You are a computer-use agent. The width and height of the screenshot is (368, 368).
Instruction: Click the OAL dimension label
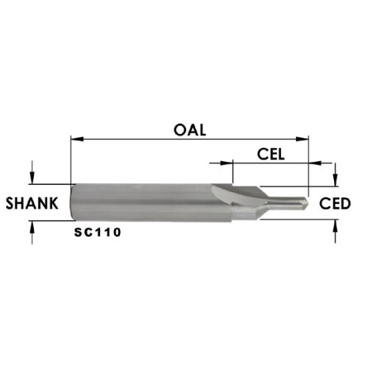pos(190,130)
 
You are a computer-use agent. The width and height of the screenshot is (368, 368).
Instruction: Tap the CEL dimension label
pos(271,155)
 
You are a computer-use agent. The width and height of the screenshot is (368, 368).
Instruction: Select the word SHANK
pos(32,203)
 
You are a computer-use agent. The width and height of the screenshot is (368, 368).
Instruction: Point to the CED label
pos(335,204)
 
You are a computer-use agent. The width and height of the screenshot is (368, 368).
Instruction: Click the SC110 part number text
pos(98,233)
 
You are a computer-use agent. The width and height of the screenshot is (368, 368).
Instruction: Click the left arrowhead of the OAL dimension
pos(77,139)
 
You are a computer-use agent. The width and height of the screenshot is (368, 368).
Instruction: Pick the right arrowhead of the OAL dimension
pos(302,139)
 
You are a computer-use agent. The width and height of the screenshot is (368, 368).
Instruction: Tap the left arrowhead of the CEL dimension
pos(227,163)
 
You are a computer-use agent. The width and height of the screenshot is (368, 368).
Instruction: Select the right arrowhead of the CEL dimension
pos(315,163)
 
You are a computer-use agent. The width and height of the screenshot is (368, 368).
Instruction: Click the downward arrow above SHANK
pos(32,172)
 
